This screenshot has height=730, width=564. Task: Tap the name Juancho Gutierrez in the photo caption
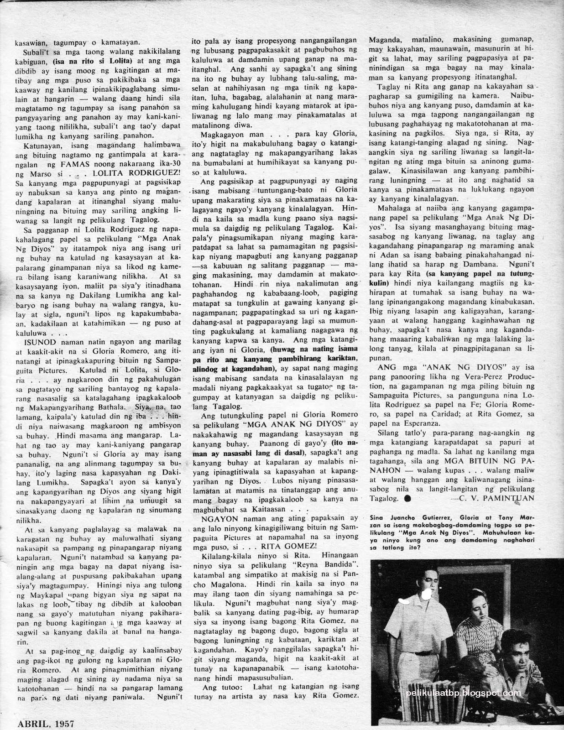point(412,516)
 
